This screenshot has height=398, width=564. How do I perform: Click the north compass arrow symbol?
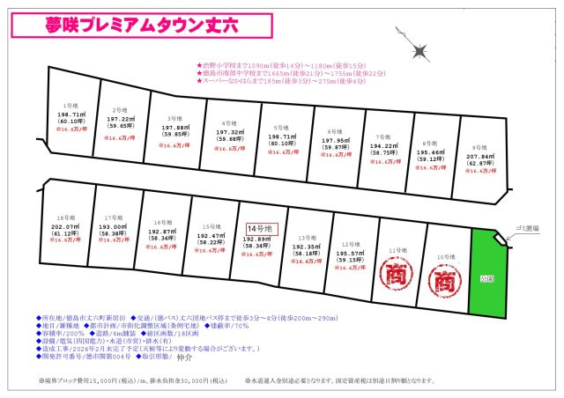pyautogui.click(x=419, y=45)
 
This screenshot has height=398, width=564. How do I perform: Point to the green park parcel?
pyautogui.click(x=487, y=275)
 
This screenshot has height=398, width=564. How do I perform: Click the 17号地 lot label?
pyautogui.click(x=113, y=217)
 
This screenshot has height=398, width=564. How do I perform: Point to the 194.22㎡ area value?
pyautogui.click(x=381, y=146)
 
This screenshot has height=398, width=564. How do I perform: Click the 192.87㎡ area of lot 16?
pyautogui.click(x=161, y=231)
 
